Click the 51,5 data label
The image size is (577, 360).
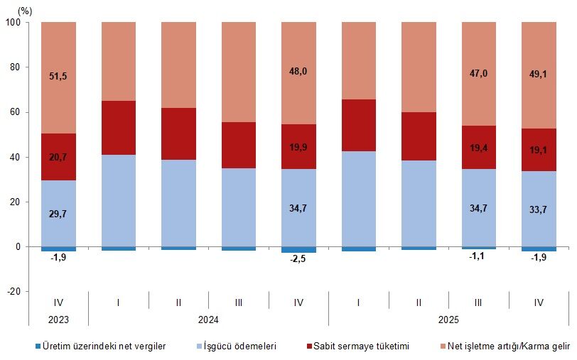tap(58, 76)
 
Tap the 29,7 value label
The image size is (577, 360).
tap(58, 213)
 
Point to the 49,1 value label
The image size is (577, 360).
tap(539, 71)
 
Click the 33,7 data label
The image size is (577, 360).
tap(539, 209)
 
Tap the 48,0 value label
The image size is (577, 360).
tap(298, 71)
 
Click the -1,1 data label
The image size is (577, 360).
tap(479, 256)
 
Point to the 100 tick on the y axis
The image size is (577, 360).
tap(14, 23)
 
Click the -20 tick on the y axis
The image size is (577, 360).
tap(14, 292)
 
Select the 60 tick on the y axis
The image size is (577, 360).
tap(16, 112)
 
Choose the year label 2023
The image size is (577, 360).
tap(58, 320)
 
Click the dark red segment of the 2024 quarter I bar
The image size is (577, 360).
tap(119, 128)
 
